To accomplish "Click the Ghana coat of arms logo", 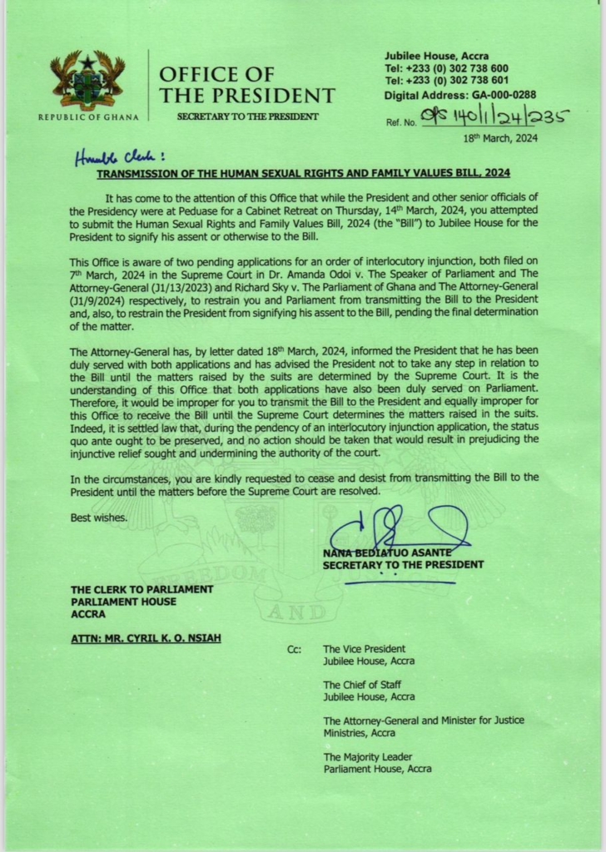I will coord(87,80).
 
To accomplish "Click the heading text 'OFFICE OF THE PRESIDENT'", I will coord(246,86).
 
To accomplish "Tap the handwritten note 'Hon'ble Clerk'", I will coord(118,156).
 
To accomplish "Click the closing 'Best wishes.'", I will coord(99,518).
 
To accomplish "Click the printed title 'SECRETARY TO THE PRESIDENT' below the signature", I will coord(403,565).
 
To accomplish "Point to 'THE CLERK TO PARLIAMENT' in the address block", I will coord(142,589).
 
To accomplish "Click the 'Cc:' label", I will coord(294,649).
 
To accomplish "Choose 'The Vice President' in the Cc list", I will coord(364,649).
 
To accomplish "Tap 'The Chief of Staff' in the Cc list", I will coord(362,685).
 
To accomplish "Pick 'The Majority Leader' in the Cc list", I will coord(365,756).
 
